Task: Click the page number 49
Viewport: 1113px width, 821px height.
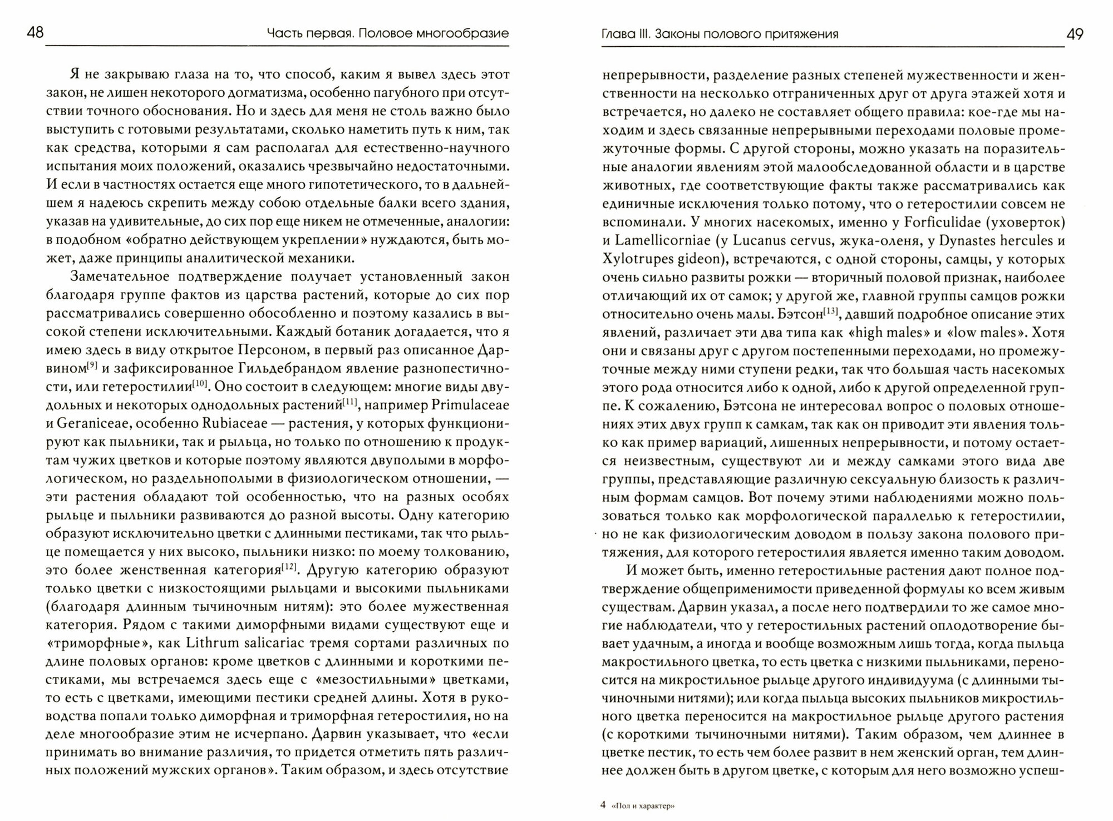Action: [1075, 34]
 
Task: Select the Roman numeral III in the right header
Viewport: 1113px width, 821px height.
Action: [642, 34]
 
